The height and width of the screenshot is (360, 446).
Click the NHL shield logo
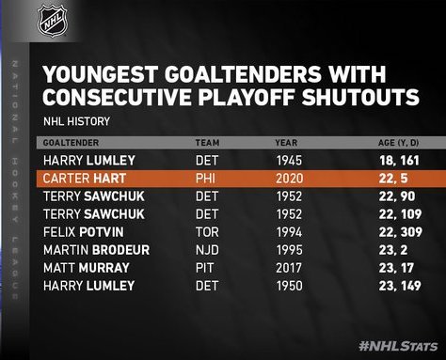tap(52, 21)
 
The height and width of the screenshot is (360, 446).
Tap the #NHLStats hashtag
tap(398, 346)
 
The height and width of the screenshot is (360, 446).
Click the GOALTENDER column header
tap(71, 143)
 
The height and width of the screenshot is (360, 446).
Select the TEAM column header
tap(207, 143)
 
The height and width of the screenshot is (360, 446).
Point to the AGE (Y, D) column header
tap(398, 143)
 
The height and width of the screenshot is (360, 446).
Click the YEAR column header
tap(286, 143)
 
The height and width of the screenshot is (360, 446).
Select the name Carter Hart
tap(85, 179)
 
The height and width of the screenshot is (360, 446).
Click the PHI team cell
tap(205, 179)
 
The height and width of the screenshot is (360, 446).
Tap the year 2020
tap(290, 179)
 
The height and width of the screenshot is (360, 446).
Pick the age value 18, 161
tap(399, 161)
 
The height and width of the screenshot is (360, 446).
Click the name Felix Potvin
tap(84, 232)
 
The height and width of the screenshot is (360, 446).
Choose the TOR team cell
tap(207, 232)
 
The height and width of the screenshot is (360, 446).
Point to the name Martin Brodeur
tap(96, 250)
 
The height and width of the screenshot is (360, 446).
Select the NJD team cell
tap(207, 250)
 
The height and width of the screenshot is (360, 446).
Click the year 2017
tap(289, 268)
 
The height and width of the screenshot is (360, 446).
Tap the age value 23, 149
tap(400, 286)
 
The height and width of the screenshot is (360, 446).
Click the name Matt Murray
tap(87, 268)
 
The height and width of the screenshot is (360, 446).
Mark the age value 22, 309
tap(401, 232)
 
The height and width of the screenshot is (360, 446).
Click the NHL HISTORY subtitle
tap(76, 121)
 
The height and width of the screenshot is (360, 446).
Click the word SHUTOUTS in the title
tap(360, 97)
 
